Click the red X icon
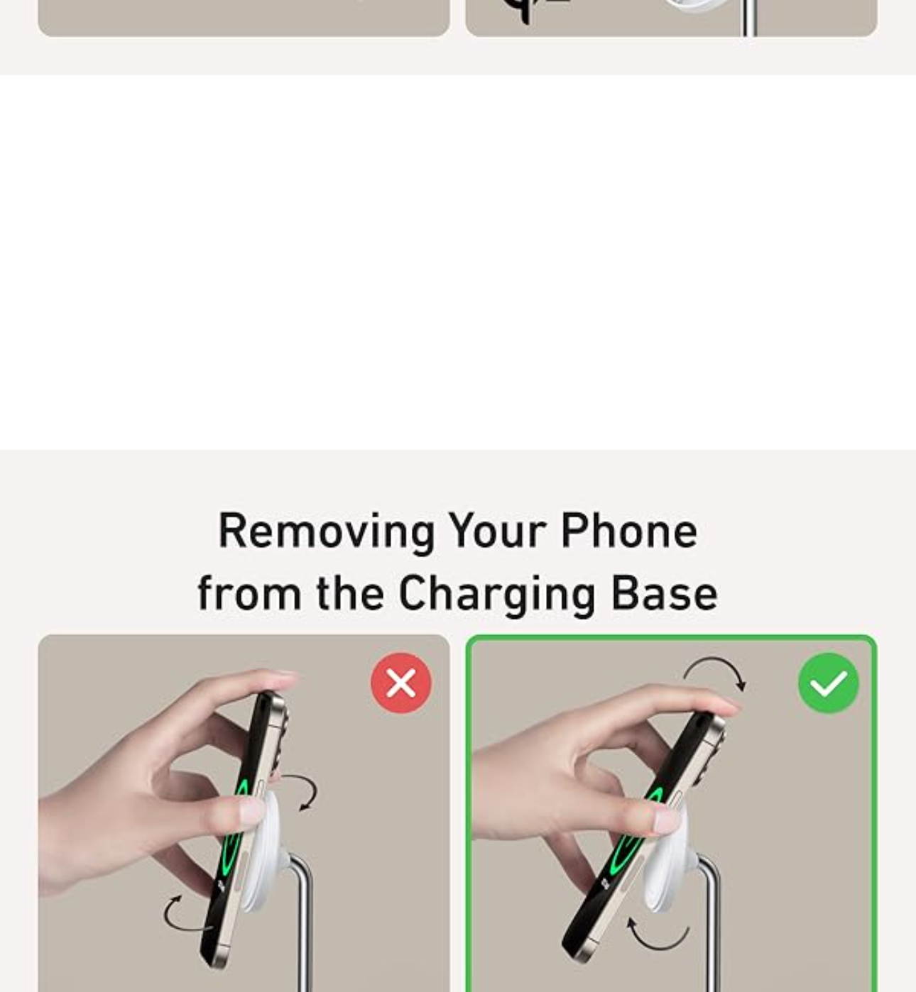401,683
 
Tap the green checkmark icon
829,683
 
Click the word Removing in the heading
327,533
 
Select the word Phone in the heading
629,531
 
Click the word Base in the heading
665,593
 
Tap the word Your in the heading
497,531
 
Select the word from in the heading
249,593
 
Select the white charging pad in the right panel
670,864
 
